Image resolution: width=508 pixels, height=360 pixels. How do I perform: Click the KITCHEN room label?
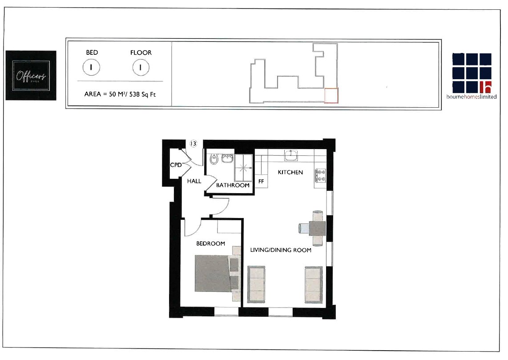(290, 172)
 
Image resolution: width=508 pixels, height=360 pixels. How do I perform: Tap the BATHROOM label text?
(233, 185)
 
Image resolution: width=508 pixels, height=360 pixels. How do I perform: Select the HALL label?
(194, 181)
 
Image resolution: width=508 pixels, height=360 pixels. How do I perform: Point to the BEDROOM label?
(210, 243)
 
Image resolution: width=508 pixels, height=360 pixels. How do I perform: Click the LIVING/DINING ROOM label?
(280, 250)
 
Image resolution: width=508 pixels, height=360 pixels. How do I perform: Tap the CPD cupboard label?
(176, 165)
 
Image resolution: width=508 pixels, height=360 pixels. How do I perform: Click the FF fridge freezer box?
(261, 182)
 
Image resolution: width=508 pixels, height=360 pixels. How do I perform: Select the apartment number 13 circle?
(193, 144)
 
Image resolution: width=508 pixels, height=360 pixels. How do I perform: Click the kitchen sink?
(292, 155)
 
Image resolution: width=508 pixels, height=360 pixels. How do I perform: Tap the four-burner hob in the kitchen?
(320, 175)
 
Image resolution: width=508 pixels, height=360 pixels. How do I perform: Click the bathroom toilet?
(214, 158)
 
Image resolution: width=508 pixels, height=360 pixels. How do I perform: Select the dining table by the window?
(317, 229)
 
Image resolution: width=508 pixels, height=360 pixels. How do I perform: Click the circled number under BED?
(91, 68)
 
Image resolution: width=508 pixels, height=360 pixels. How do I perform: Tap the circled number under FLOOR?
(141, 68)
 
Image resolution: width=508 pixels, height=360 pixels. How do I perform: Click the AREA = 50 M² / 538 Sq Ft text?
(120, 94)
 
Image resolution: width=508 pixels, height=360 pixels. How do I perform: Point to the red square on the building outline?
(331, 96)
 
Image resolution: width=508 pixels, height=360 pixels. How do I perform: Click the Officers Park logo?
(31, 75)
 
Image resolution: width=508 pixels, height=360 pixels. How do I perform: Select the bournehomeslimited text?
(472, 97)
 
